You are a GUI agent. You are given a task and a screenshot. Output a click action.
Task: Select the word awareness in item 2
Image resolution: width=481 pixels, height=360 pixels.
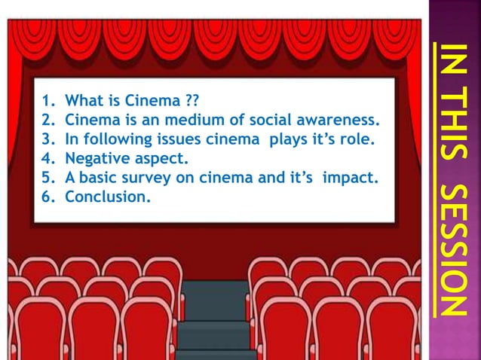tap(343, 120)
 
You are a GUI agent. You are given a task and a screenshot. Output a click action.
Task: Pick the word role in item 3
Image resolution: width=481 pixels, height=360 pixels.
tap(358, 139)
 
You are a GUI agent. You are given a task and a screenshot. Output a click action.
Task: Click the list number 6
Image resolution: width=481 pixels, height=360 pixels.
tap(46, 198)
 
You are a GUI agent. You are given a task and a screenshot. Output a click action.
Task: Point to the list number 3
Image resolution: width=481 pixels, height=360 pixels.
tap(46, 139)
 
